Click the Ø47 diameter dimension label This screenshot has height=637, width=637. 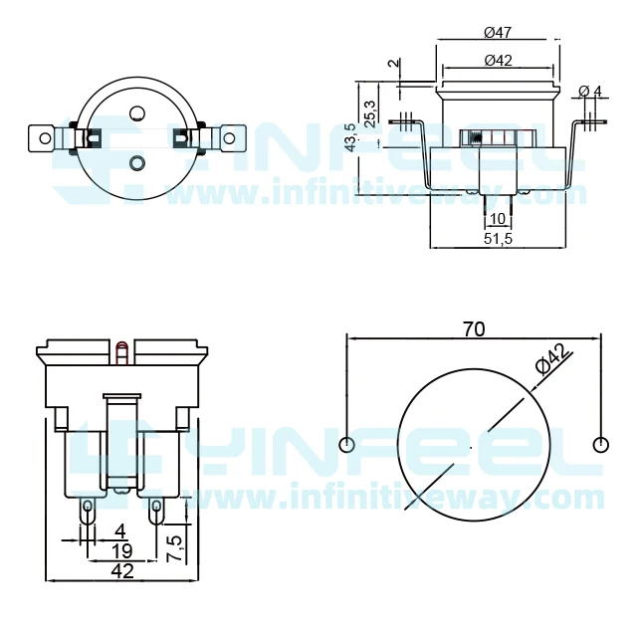pos(498,34)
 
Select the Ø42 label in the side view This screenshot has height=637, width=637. pos(498,61)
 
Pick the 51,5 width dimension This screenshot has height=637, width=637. pos(498,239)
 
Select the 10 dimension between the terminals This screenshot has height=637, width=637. pos(498,218)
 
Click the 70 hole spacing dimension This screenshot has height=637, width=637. pos(474,329)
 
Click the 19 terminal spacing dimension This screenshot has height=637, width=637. pos(121,550)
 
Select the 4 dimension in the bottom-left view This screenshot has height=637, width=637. pos(120,531)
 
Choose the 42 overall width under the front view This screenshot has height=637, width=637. pos(121,571)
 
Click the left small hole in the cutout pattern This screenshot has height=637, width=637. pos(346,444)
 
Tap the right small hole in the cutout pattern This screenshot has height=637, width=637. pos(599,444)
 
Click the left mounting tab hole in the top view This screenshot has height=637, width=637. pos(43,134)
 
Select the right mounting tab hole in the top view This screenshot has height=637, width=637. pos(231,135)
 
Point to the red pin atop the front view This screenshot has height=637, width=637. pos(121,349)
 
